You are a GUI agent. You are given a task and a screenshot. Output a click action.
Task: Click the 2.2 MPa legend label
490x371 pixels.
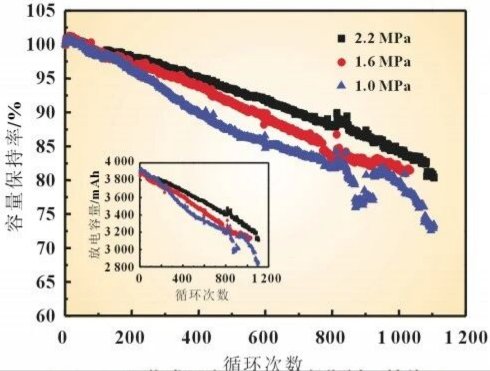pyautogui.click(x=382, y=39)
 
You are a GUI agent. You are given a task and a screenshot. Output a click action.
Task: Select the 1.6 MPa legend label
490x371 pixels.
pyautogui.click(x=382, y=63)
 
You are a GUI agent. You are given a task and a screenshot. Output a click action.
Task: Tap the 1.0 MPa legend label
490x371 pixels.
pyautogui.click(x=382, y=86)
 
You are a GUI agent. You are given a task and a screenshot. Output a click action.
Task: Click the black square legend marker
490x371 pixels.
pyautogui.click(x=341, y=39)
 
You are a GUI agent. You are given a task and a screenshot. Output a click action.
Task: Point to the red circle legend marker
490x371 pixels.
pyautogui.click(x=341, y=63)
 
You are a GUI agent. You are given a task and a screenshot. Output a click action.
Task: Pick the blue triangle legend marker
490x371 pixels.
pyautogui.click(x=341, y=86)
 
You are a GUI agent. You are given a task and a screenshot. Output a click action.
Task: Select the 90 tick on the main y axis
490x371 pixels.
pyautogui.click(x=47, y=113)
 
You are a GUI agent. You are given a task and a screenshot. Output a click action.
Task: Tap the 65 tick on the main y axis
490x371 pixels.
pyautogui.click(x=47, y=282)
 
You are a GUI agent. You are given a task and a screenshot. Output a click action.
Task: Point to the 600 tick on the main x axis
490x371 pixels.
pyautogui.click(x=263, y=337)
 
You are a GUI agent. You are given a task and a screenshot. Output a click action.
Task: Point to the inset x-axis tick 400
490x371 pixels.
pyautogui.click(x=181, y=278)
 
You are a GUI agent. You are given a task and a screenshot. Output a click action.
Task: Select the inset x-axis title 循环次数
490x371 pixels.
pyautogui.click(x=201, y=294)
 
